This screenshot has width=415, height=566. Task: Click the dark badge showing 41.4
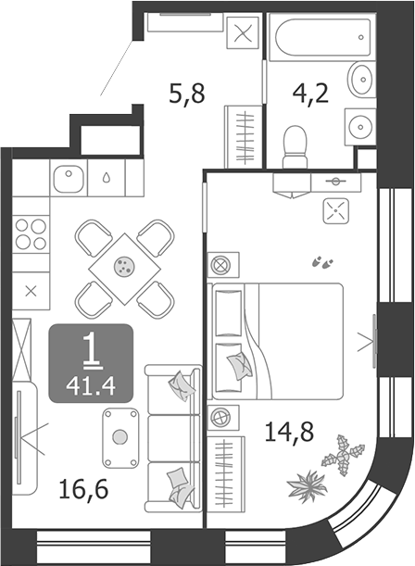click(x=92, y=360)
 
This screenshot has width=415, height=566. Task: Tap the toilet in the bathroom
click(x=296, y=145)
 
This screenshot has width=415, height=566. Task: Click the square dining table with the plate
click(x=123, y=266)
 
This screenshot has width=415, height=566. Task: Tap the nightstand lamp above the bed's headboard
click(x=220, y=266)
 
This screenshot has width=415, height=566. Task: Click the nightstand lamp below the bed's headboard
click(x=220, y=417)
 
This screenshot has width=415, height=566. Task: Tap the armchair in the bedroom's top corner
click(x=334, y=212)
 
